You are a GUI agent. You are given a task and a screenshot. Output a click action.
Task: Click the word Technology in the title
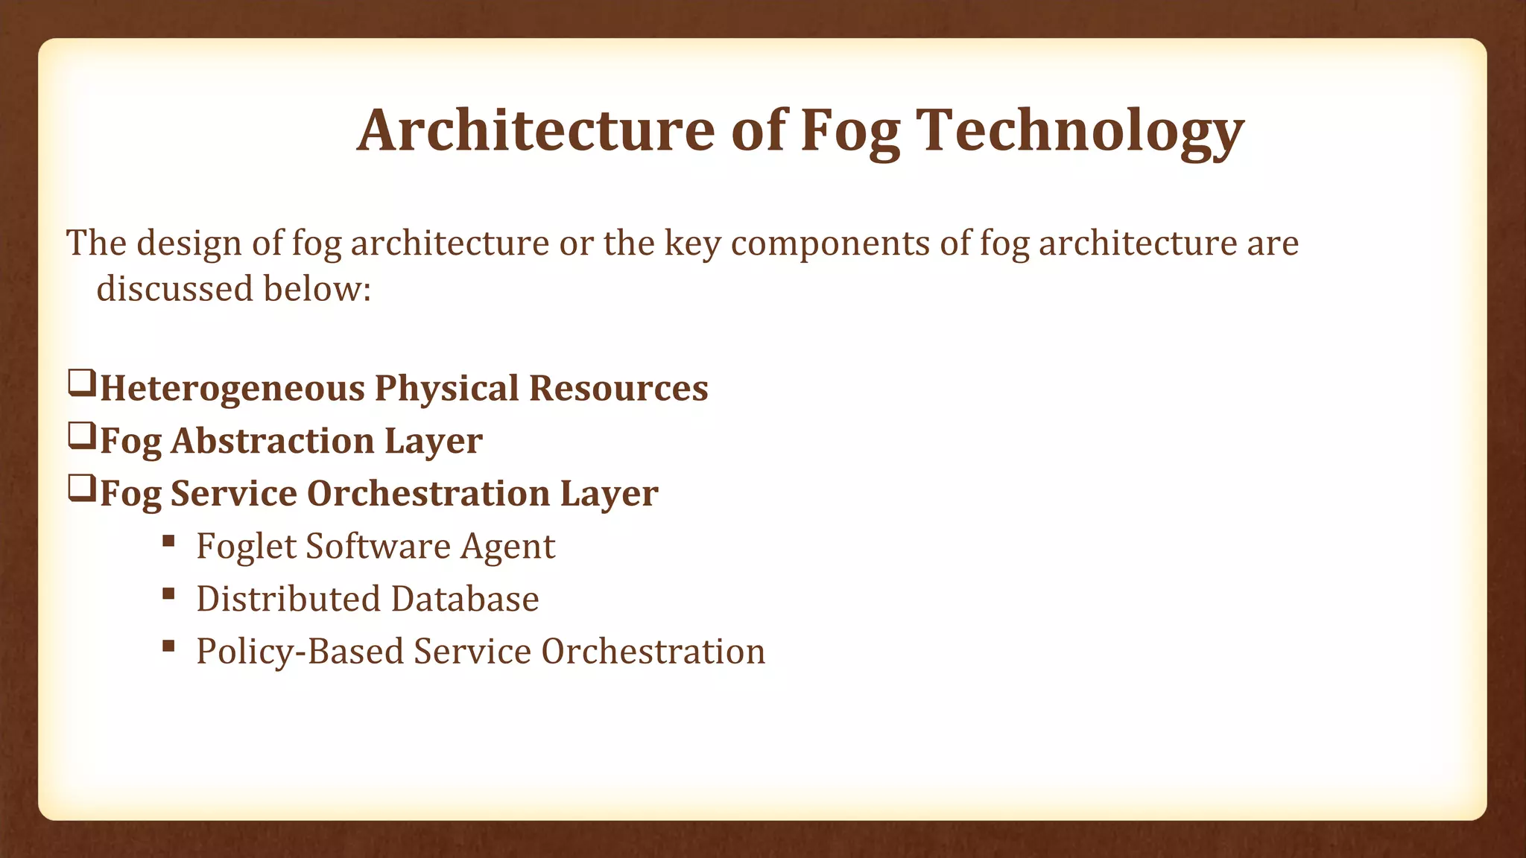pyautogui.click(x=1080, y=131)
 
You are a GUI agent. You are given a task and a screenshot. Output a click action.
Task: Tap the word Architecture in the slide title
pyautogui.click(x=536, y=131)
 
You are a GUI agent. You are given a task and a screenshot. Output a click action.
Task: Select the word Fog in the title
pyautogui.click(x=850, y=131)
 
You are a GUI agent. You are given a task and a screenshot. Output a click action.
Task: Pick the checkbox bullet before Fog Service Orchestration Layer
pyautogui.click(x=81, y=489)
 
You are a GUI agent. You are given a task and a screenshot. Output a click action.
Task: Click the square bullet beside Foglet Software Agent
pyautogui.click(x=168, y=541)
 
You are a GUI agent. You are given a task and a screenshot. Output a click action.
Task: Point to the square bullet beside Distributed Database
pyautogui.click(x=168, y=594)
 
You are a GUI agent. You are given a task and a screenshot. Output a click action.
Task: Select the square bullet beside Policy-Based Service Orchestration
pyautogui.click(x=168, y=646)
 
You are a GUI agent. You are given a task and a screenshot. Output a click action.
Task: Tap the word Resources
pyautogui.click(x=618, y=388)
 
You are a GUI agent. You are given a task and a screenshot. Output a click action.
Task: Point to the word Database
pyautogui.click(x=464, y=599)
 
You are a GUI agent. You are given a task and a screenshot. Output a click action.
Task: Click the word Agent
pyautogui.click(x=507, y=547)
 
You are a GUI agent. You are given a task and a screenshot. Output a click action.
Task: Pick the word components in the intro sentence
pyautogui.click(x=830, y=244)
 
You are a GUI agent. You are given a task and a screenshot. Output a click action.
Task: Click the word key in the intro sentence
pyautogui.click(x=692, y=244)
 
